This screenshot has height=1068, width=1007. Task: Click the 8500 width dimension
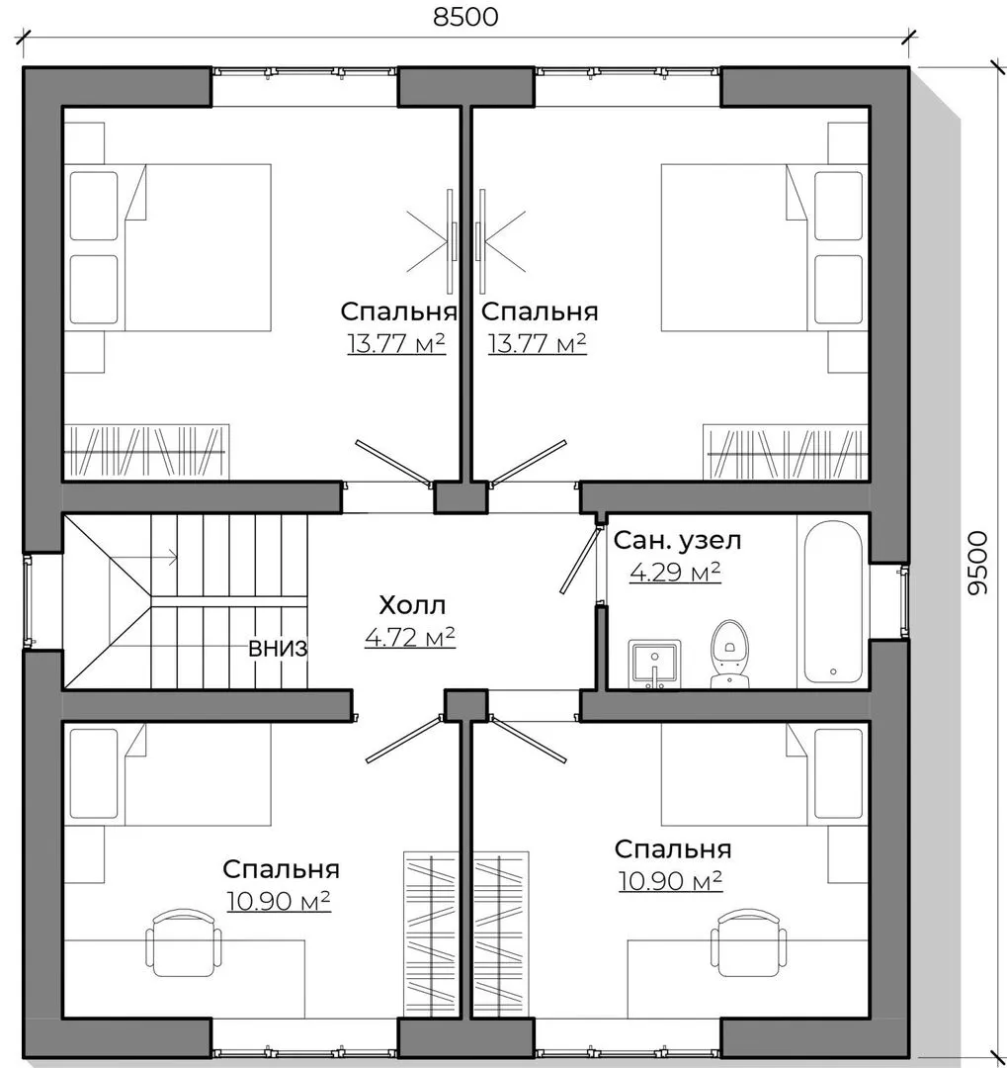coord(465,17)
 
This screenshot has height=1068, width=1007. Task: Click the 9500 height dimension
coord(977,563)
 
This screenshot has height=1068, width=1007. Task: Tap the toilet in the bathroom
coord(729,654)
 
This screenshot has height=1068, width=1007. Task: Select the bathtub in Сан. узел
coord(833,603)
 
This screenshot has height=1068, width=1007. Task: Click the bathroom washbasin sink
coord(654,665)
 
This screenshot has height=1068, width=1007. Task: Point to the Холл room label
coord(412,605)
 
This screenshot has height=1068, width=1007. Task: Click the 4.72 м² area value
coord(410,637)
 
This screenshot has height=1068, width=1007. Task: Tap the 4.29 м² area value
coord(675,572)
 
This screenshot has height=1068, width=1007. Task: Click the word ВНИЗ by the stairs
coord(278,649)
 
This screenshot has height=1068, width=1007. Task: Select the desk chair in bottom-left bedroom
coord(184,942)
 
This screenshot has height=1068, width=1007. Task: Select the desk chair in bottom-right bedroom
coord(748,942)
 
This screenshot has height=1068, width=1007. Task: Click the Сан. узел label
coord(677,541)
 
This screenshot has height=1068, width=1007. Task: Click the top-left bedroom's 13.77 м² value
coord(396,343)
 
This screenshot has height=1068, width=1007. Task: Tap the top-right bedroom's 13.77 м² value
coord(537,343)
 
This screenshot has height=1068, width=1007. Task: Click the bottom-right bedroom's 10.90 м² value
coord(670,881)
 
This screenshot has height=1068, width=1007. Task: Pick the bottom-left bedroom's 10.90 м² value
coord(278,901)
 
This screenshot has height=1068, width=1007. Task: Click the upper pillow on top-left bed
coord(94,206)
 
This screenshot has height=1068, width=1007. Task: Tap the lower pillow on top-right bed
coord(838,290)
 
